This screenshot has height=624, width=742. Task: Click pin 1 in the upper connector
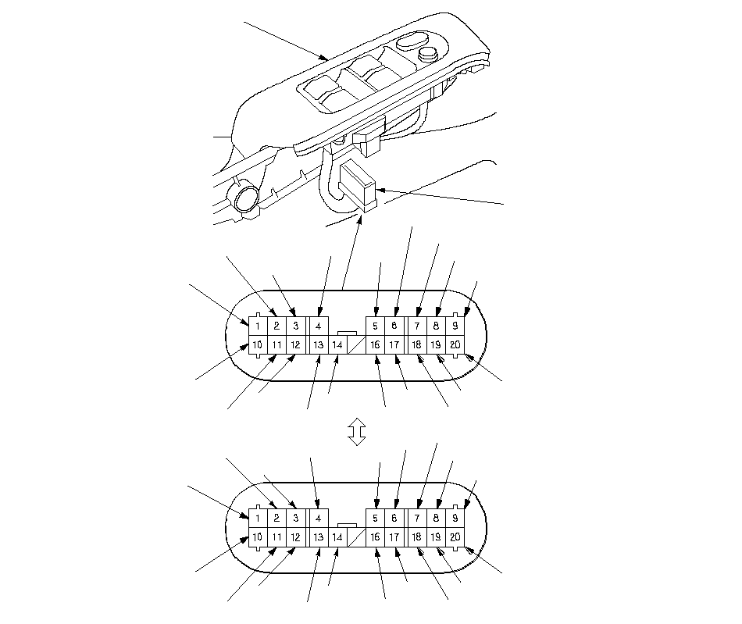point(258,326)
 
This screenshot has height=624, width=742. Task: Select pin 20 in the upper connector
point(455,344)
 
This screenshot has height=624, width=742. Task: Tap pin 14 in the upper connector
point(337,344)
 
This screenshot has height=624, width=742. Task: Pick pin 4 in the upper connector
point(319,326)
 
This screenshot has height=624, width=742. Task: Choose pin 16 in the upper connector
point(375,344)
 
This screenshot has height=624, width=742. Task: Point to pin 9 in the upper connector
point(455,326)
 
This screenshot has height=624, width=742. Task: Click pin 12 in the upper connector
point(296,344)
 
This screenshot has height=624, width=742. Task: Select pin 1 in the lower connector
point(258,519)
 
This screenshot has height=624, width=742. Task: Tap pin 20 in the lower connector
point(455,537)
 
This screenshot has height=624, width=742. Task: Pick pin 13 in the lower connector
point(319,537)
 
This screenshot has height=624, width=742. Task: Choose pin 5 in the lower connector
point(375,519)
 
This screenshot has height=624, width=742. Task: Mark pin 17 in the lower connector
point(394,537)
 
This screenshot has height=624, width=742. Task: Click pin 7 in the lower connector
point(417,519)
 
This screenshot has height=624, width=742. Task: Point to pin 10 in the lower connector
point(258,537)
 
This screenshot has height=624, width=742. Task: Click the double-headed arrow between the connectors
point(357,432)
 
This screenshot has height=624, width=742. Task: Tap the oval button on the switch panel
point(410,41)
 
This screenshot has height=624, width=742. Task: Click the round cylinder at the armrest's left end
point(247,198)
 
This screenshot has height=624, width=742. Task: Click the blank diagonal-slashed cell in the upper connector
point(357,344)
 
